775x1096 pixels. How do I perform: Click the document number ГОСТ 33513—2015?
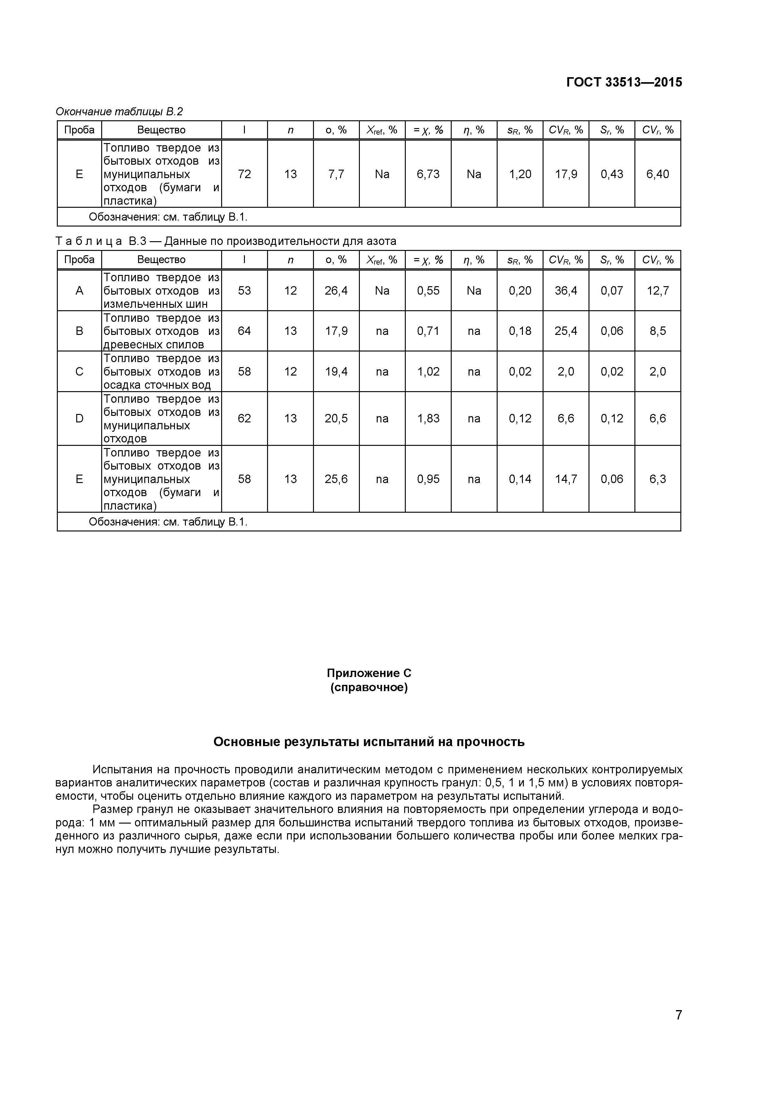tap(624, 82)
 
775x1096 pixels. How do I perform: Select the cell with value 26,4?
tap(336, 291)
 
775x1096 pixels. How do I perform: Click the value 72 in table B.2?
tap(244, 174)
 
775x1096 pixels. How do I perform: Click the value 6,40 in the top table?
tap(657, 174)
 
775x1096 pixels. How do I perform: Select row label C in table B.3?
tap(79, 372)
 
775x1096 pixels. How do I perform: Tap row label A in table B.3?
tap(79, 291)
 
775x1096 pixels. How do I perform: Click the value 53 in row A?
tap(244, 291)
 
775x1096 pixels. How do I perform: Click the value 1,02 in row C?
tap(428, 372)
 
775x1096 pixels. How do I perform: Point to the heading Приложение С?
tap(369, 673)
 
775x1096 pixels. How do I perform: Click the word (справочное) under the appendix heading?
tap(369, 688)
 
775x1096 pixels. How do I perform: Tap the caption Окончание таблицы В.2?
tap(119, 112)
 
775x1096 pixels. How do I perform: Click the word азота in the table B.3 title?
tap(381, 242)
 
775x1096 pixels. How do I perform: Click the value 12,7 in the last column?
tap(657, 291)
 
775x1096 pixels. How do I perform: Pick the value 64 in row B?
tap(244, 331)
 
